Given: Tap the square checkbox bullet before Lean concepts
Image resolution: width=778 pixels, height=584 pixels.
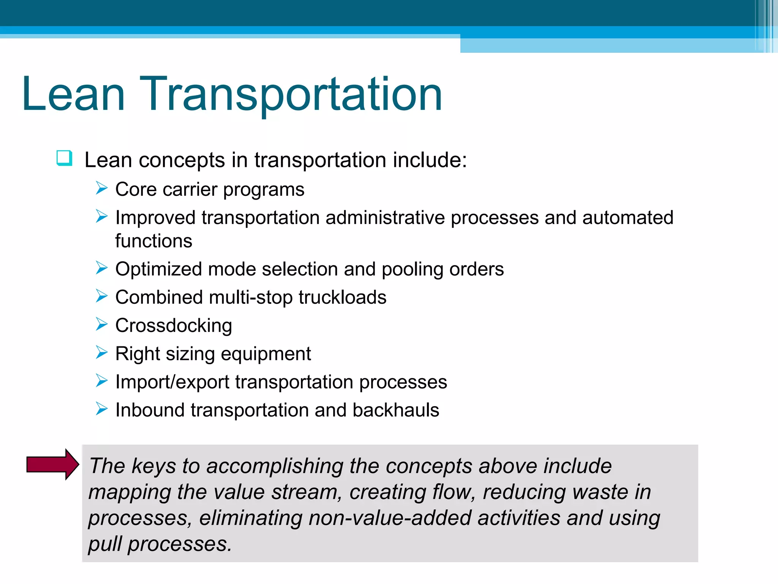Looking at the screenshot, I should click(x=64, y=158).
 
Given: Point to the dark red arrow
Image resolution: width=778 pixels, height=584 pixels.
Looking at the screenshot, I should click(x=53, y=464).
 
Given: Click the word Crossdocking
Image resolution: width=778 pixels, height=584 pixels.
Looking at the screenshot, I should click(x=174, y=325).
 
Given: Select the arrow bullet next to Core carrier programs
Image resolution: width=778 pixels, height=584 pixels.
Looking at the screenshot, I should click(x=102, y=188).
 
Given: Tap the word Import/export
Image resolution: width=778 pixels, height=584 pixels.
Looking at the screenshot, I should click(x=172, y=382).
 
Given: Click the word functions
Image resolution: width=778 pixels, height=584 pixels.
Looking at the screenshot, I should click(x=154, y=241).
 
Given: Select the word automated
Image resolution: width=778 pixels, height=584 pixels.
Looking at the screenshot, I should click(x=628, y=218).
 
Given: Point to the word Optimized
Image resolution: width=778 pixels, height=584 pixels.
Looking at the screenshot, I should click(x=158, y=269).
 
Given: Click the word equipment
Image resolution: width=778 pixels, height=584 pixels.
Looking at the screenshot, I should click(x=266, y=354).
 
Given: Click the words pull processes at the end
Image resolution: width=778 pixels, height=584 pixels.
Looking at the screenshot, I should click(x=160, y=544).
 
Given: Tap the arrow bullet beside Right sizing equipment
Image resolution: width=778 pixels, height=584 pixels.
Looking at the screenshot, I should click(x=102, y=352).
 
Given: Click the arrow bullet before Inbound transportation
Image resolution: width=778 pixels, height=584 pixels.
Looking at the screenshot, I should click(x=102, y=409).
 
